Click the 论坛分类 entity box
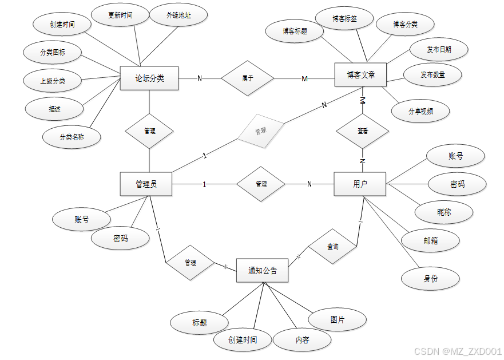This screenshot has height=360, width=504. click(x=149, y=78)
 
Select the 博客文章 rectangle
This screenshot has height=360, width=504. click(x=360, y=75)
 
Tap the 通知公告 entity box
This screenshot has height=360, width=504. click(x=262, y=270)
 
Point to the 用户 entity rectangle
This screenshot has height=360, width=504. click(x=360, y=184)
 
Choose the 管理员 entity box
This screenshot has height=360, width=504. click(x=146, y=184)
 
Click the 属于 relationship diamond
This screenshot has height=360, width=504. click(x=248, y=78)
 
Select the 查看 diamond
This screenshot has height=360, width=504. click(x=362, y=131)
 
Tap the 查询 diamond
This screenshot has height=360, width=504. click(x=332, y=247)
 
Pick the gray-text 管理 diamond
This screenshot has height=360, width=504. click(x=260, y=131)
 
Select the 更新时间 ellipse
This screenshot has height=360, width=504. click(x=120, y=15)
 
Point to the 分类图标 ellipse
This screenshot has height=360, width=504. click(x=53, y=53)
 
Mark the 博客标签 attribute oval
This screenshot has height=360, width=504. click(x=344, y=19)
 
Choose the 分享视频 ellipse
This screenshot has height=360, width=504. click(x=420, y=111)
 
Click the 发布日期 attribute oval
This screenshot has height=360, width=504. click(x=439, y=50)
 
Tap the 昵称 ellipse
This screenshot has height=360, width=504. click(x=444, y=212)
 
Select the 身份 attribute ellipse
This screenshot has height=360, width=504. click(x=431, y=279)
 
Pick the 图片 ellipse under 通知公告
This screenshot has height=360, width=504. click(x=338, y=320)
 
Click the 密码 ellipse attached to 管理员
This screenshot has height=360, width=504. click(x=121, y=239)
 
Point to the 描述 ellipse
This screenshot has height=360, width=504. click(x=55, y=108)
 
